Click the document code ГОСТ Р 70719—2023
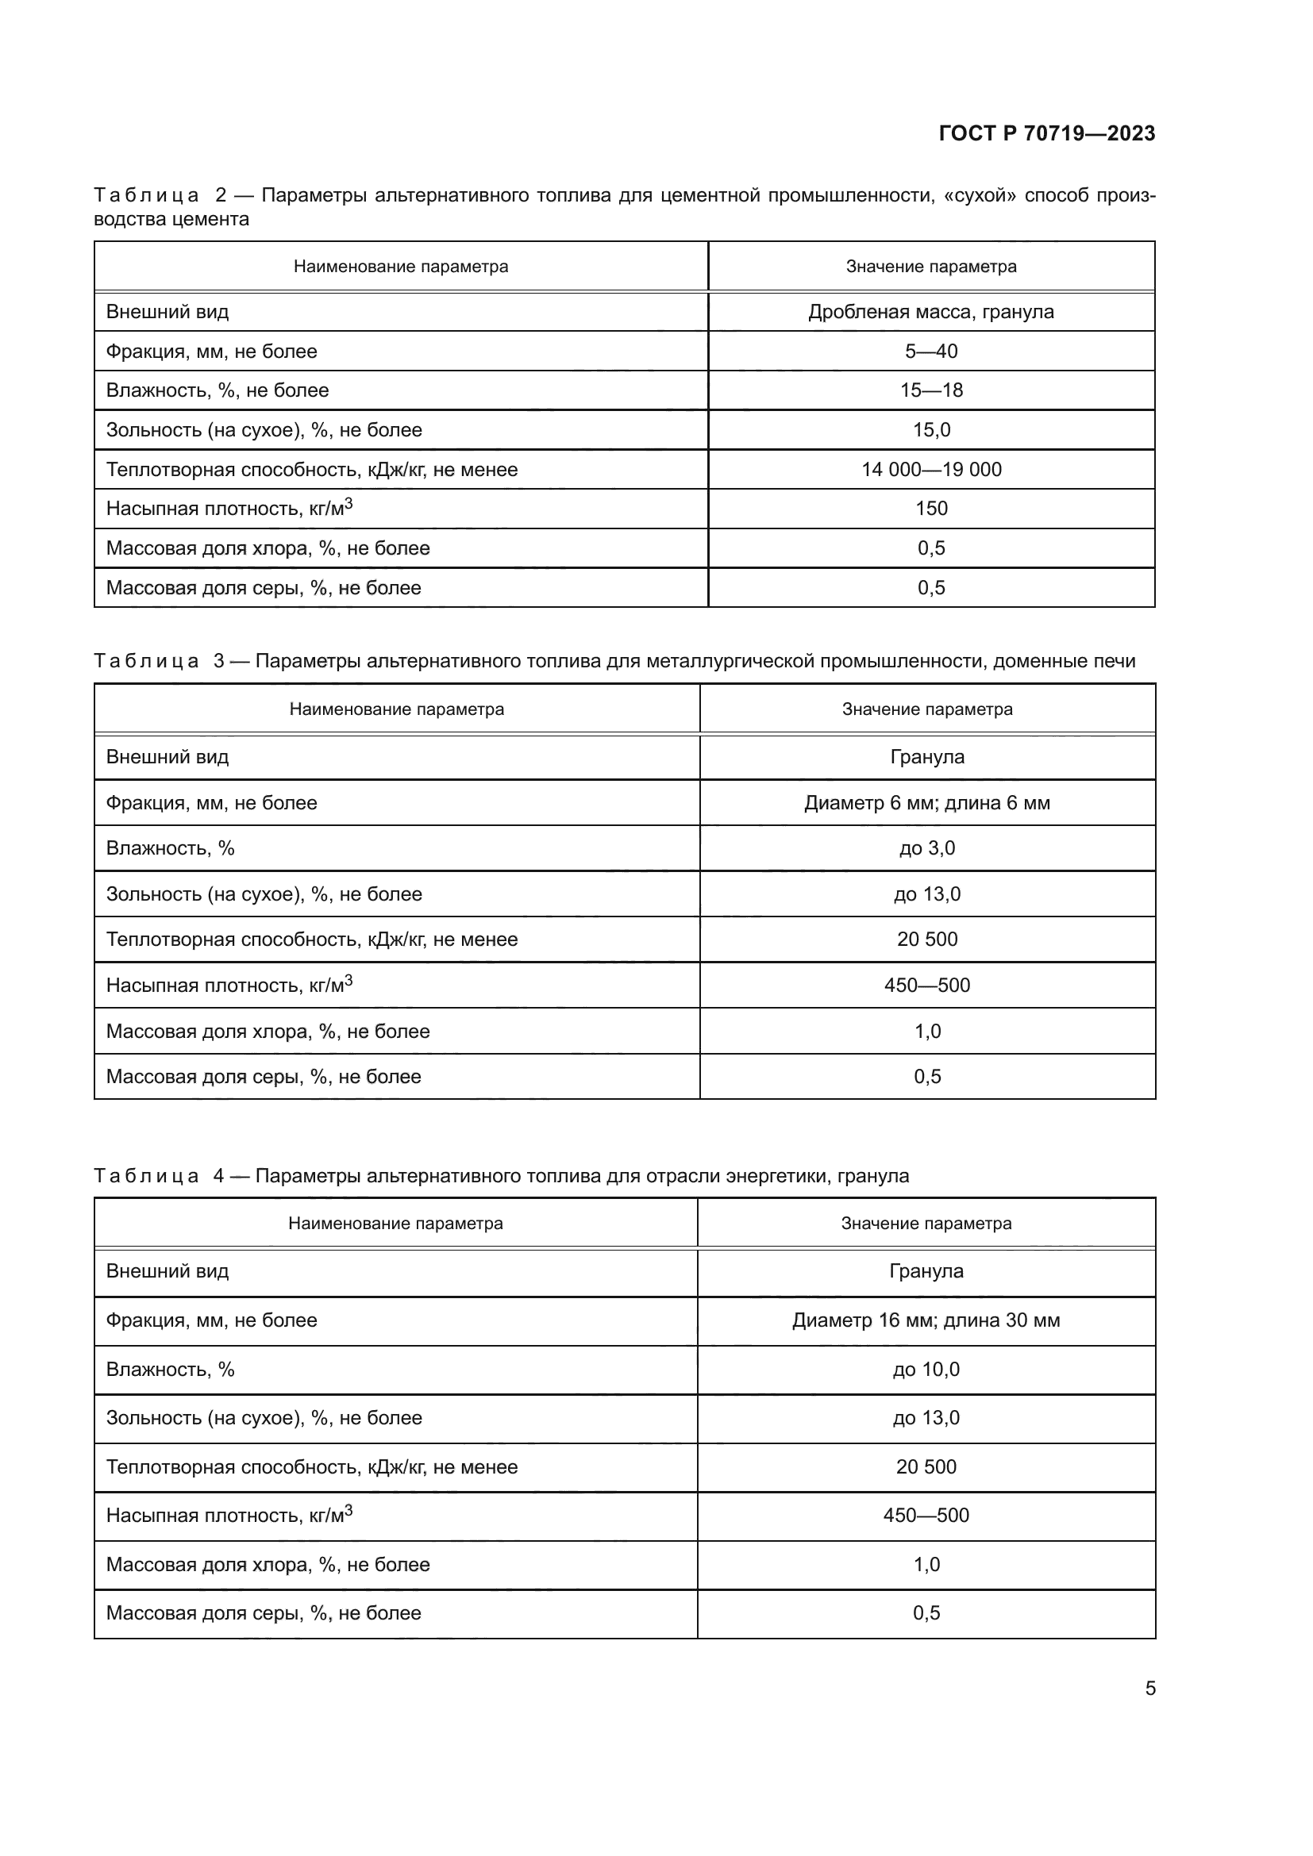tap(1046, 133)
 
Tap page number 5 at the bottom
tap(1149, 1688)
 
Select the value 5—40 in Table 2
tap(930, 352)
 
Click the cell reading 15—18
tap(930, 390)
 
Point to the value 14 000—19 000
tap(930, 470)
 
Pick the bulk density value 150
tap(930, 509)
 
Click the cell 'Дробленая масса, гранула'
tap(930, 312)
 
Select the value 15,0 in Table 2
tap(930, 430)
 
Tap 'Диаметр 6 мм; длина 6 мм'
tap(926, 803)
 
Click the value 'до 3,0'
tap(926, 848)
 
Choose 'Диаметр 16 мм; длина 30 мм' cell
tap(926, 1320)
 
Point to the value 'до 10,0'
tap(926, 1370)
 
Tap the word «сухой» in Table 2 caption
tap(979, 196)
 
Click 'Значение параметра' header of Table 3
tap(926, 709)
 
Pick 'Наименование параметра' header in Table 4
tap(395, 1223)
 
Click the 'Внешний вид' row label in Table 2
tap(167, 312)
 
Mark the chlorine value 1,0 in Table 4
tap(926, 1564)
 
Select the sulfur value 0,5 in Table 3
tap(926, 1077)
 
